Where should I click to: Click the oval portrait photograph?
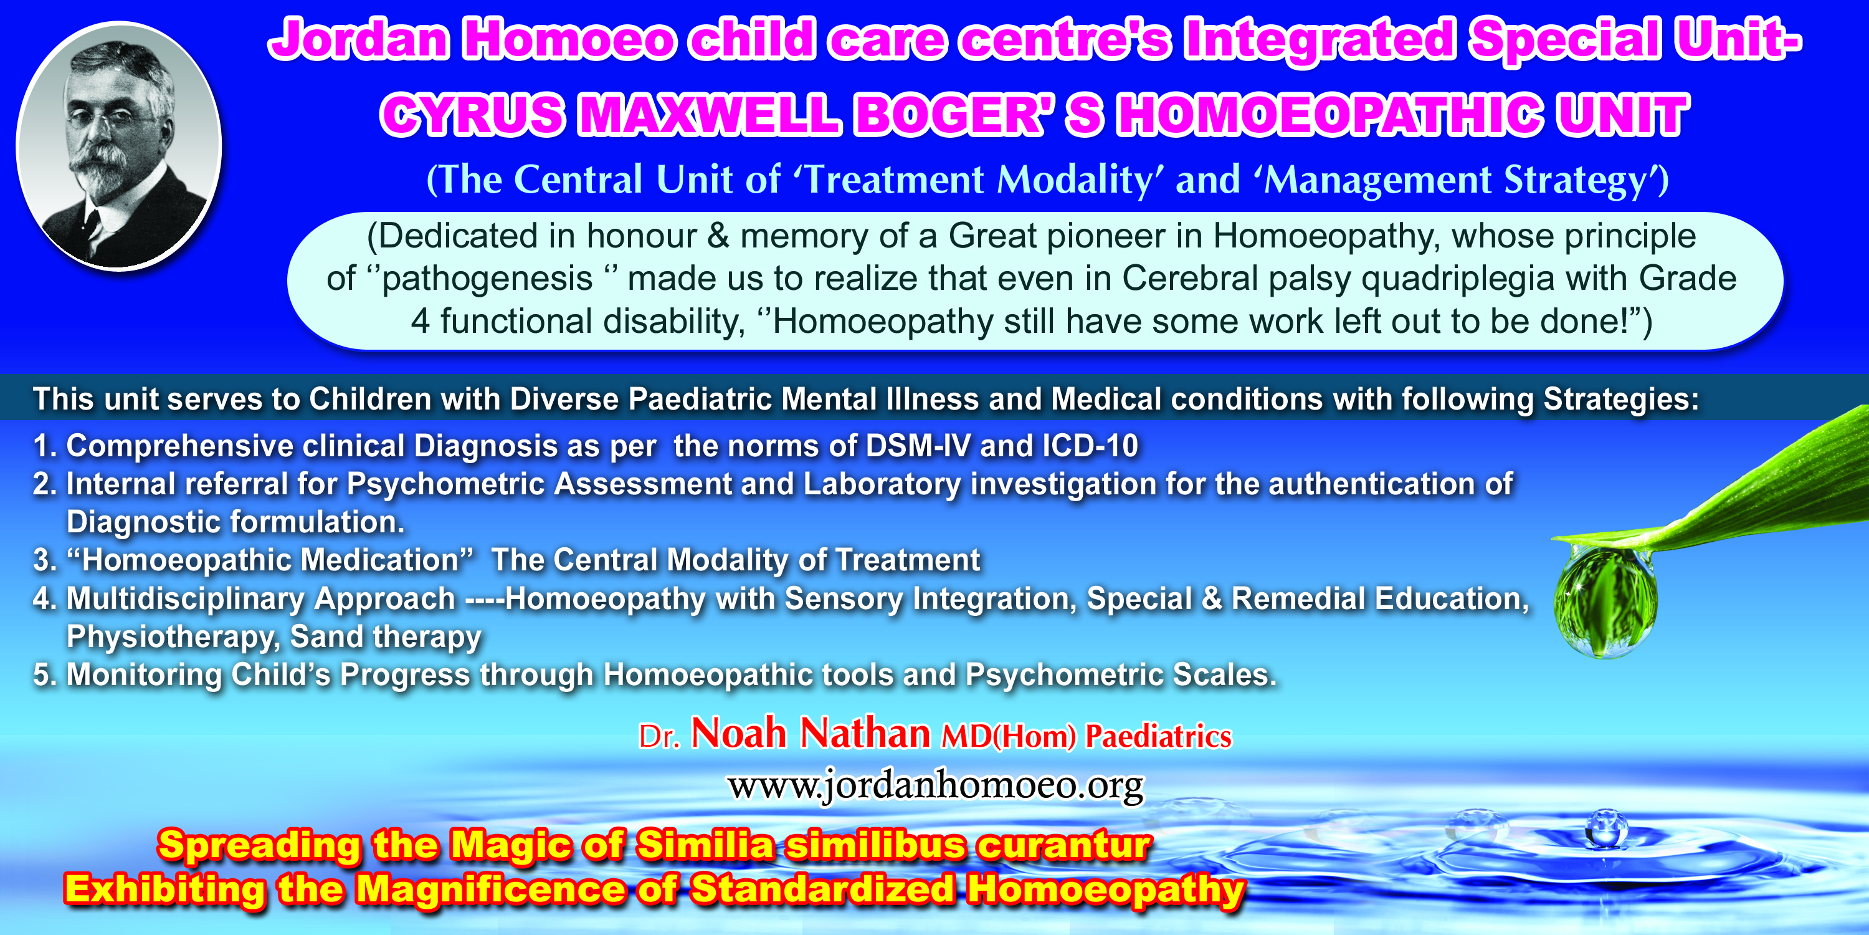click(x=119, y=145)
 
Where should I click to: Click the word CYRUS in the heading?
click(x=472, y=115)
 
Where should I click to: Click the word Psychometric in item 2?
click(x=445, y=484)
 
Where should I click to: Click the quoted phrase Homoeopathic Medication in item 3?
click(x=270, y=560)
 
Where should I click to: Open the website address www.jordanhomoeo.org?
click(x=936, y=785)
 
